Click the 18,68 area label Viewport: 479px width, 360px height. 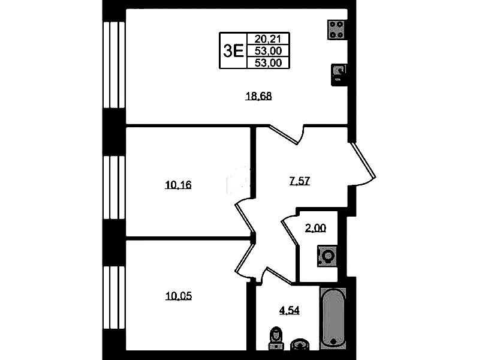coord(259,96)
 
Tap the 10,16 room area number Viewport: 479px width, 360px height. coord(178,185)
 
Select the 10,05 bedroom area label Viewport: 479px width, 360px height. coord(179,296)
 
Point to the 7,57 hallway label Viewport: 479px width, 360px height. coord(299,181)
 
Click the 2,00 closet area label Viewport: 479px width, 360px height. coord(315,228)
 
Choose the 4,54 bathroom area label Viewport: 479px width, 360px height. coord(290,310)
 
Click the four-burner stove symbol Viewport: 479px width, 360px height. coord(338,29)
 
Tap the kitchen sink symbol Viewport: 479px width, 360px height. coord(339,75)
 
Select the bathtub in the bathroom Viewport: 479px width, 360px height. coord(333,319)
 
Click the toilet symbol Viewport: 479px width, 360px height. coord(276,338)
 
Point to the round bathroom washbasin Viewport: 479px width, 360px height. coord(300,344)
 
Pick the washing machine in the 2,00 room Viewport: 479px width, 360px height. coord(327,256)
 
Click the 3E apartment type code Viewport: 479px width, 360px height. coord(233,50)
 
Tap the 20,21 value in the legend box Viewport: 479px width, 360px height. coord(268,39)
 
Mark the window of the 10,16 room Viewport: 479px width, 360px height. coord(115,187)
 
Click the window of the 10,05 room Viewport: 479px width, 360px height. coord(115,297)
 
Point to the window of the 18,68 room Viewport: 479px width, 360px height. coord(115,65)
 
